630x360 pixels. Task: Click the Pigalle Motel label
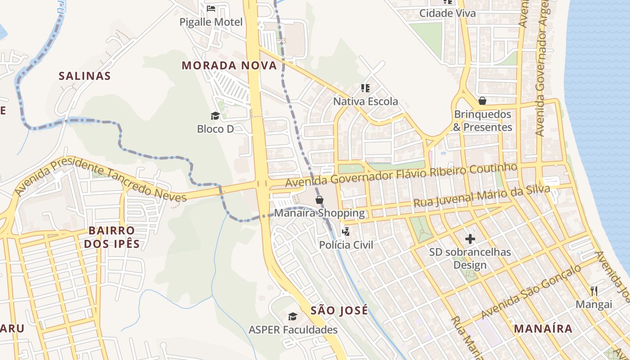tap(211, 22)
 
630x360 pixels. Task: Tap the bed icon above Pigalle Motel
tap(211, 9)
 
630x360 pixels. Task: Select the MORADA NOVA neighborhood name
tap(229, 66)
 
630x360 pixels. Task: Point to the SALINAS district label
tap(85, 76)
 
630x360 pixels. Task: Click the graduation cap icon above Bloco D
tap(215, 116)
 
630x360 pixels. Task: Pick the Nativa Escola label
tap(365, 102)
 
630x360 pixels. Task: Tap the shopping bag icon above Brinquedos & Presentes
tap(482, 101)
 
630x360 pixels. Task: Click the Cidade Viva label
tap(447, 13)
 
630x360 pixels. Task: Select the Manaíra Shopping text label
tap(319, 213)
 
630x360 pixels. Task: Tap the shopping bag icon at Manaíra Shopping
tap(319, 199)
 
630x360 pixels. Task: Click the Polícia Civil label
tap(346, 245)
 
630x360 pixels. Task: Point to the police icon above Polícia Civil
tap(346, 232)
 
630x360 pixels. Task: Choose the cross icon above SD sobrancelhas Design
tap(470, 238)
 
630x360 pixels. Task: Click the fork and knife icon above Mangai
tap(594, 291)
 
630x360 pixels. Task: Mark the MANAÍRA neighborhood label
tap(543, 328)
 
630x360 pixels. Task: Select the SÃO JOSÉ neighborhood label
tap(339, 310)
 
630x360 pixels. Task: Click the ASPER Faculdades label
tap(293, 330)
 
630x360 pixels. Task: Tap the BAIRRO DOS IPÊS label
tap(114, 238)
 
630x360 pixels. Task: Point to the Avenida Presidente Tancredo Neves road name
tap(100, 179)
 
